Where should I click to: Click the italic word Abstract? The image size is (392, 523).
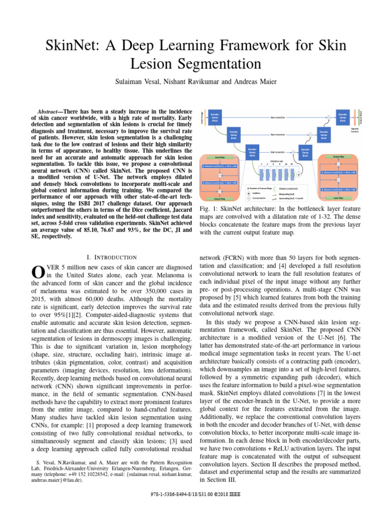tap(51, 111)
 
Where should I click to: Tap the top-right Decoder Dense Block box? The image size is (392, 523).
tap(341, 116)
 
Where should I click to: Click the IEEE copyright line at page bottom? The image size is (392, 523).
tap(196, 494)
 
